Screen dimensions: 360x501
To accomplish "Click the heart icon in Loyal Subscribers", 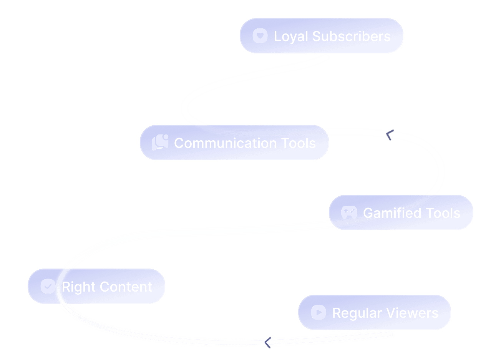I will [260, 36].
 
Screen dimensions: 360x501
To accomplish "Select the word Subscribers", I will [351, 36].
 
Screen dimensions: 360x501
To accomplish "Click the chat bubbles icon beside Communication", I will [160, 143].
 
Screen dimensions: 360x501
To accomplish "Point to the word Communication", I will [225, 143].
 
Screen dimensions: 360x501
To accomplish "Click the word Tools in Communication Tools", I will [298, 143].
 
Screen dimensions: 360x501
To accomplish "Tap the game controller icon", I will [349, 212].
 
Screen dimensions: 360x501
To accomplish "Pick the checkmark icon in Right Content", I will [48, 286].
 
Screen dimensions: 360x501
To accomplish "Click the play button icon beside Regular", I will [319, 312].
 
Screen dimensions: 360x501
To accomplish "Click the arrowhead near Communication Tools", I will [390, 135].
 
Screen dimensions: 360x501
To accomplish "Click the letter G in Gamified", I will [368, 213].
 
